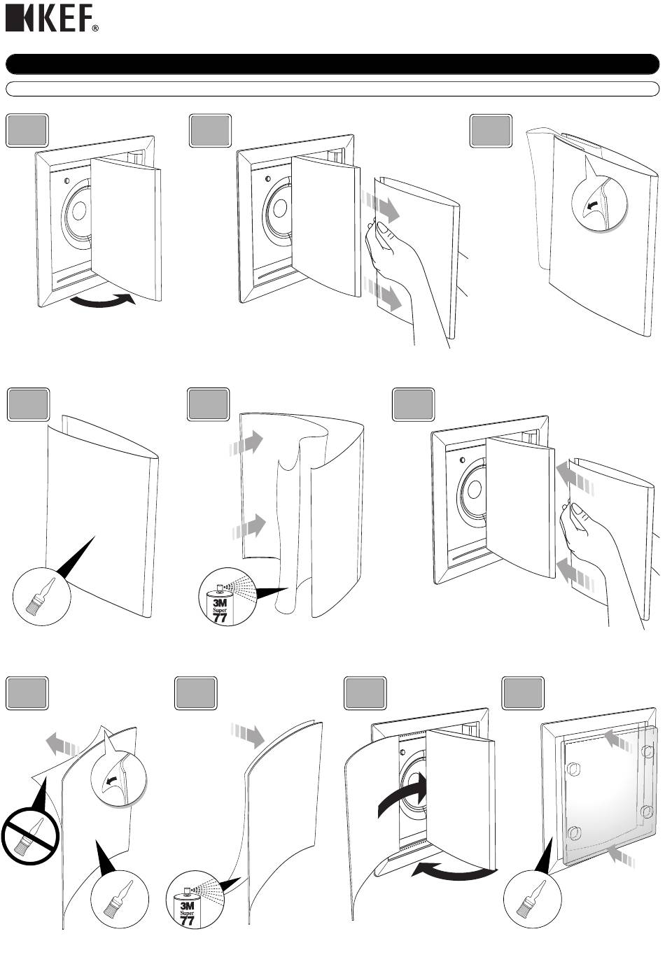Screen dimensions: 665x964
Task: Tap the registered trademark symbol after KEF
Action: coord(96,29)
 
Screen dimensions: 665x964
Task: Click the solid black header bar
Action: coord(332,64)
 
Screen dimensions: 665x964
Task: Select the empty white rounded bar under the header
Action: coord(332,89)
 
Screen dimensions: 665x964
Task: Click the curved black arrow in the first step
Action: coord(102,300)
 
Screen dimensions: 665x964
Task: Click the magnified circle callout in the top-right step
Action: coord(599,204)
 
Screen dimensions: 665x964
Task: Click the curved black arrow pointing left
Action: coord(454,870)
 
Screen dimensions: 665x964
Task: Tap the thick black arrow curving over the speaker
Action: coord(400,791)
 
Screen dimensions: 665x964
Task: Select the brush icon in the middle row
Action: coord(42,596)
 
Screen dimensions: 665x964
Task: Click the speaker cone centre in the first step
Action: coord(79,211)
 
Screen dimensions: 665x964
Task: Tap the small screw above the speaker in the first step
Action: coord(66,180)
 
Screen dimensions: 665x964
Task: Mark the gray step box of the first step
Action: coord(27,130)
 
